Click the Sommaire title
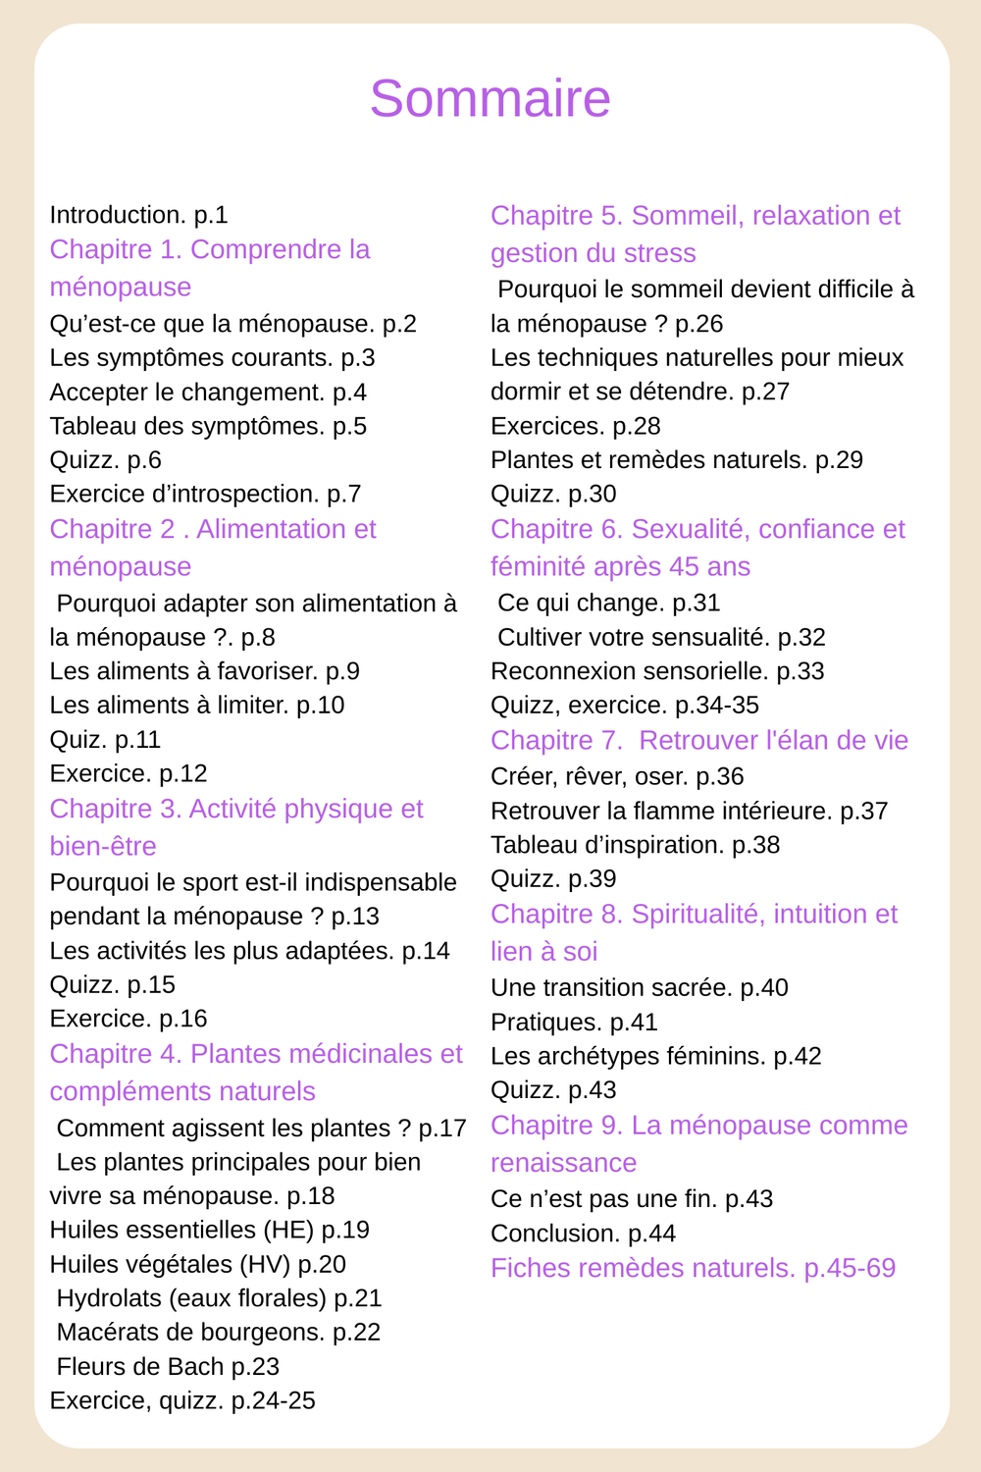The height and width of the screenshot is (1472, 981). (490, 98)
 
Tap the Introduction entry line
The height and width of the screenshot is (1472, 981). (138, 215)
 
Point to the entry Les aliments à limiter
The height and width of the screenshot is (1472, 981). (196, 706)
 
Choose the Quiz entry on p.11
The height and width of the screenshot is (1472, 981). (105, 740)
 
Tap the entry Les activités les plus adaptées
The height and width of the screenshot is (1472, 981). (249, 951)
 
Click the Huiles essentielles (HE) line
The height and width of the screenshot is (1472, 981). (209, 1231)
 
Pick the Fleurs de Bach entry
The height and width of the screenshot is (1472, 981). (168, 1367)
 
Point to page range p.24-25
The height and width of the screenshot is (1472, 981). (274, 1401)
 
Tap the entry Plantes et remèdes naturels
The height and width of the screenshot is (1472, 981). (676, 460)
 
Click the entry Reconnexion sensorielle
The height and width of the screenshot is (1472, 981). (656, 671)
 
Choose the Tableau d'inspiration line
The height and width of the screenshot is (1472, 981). (635, 845)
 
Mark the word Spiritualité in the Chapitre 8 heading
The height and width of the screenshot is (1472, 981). (695, 915)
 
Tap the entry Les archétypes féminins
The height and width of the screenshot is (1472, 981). (655, 1057)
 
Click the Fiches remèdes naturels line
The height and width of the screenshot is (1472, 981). (693, 1268)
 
